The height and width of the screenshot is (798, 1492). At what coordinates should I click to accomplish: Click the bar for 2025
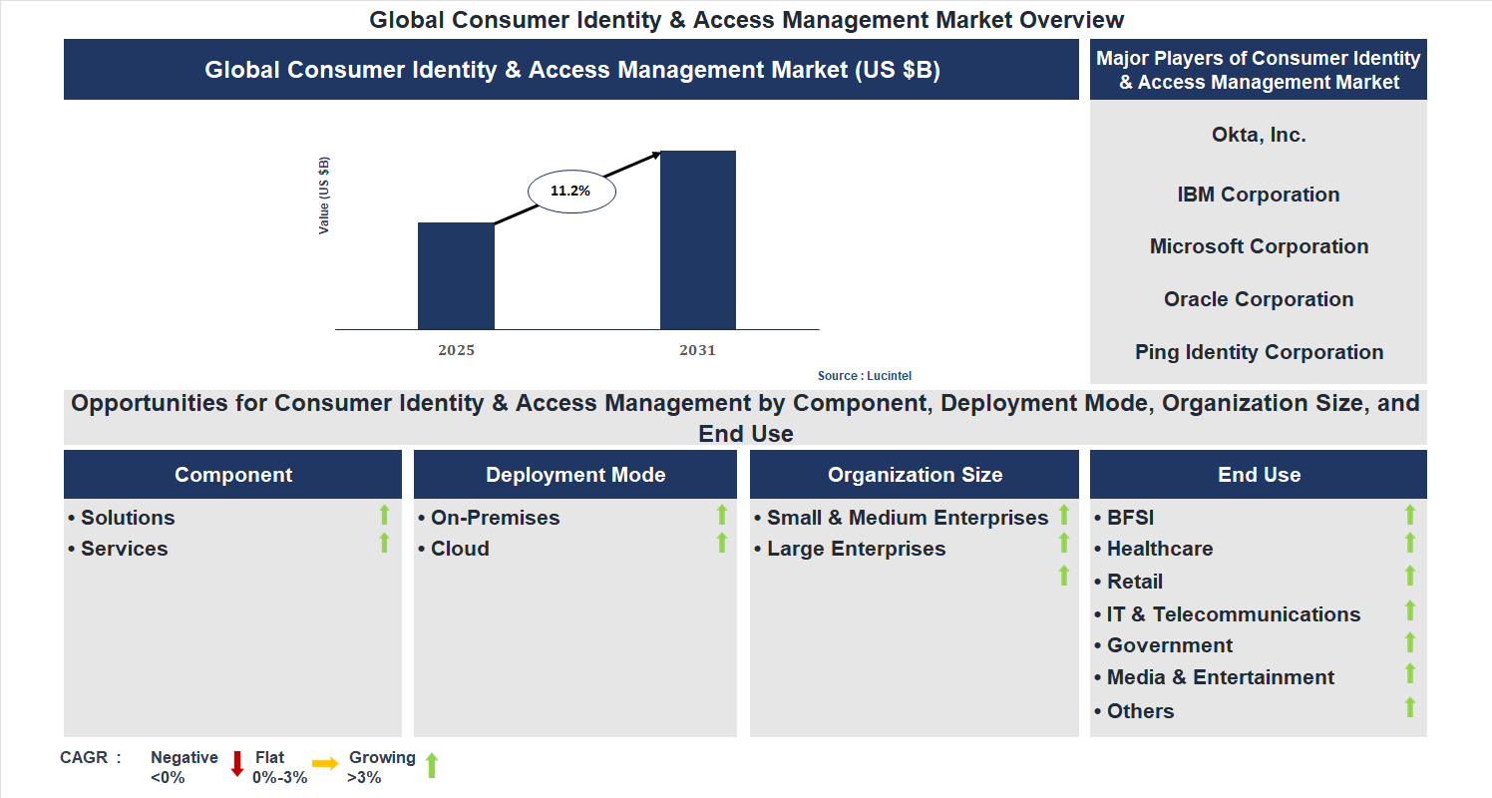(x=456, y=275)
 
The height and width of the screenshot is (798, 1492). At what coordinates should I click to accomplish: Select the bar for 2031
(x=698, y=239)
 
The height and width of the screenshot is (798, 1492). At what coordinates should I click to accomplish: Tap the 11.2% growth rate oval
(x=570, y=191)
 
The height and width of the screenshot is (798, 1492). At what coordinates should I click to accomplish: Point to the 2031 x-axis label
(x=698, y=351)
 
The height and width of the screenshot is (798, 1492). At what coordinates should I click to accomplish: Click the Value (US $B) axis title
(x=324, y=196)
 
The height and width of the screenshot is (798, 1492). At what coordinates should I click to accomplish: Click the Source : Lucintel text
(x=865, y=376)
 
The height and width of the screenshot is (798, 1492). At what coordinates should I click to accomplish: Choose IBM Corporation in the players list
(x=1259, y=195)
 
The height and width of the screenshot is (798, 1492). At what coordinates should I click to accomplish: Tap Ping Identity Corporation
(x=1259, y=352)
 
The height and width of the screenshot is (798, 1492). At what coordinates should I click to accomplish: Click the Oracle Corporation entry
(x=1259, y=299)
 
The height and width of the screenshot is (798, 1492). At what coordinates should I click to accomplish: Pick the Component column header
(x=233, y=475)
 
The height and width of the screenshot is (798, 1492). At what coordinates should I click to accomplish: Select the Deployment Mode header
(x=575, y=475)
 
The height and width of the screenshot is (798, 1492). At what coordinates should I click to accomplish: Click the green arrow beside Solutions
(x=384, y=515)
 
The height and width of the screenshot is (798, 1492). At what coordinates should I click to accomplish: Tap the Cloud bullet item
(x=460, y=549)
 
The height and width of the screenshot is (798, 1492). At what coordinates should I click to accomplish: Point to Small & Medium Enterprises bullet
(x=907, y=518)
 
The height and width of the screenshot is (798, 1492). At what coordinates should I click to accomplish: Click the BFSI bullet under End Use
(x=1130, y=518)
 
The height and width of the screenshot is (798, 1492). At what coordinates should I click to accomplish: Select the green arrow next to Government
(x=1410, y=642)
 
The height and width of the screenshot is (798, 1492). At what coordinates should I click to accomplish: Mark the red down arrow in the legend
(x=237, y=764)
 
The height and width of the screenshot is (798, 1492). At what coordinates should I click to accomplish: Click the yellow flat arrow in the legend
(x=325, y=764)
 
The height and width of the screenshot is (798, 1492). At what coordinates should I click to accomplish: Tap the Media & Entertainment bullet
(x=1220, y=677)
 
